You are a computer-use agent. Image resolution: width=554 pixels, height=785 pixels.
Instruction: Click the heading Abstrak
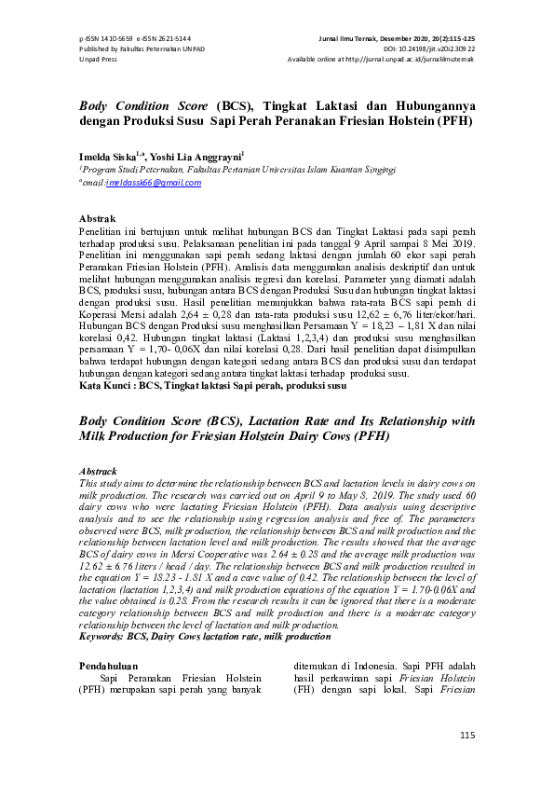click(x=98, y=218)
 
